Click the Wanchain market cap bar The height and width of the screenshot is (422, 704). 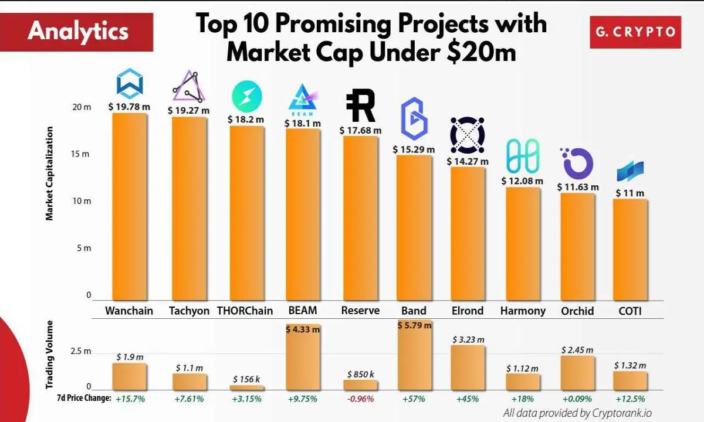click(x=130, y=206)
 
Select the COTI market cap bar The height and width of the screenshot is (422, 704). click(x=630, y=250)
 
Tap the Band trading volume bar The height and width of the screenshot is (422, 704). click(x=415, y=355)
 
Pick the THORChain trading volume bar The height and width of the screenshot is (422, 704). click(x=247, y=388)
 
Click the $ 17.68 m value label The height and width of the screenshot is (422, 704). click(x=360, y=130)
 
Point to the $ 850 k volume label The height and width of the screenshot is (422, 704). click(x=360, y=375)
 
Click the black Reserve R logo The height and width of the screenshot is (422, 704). click(x=361, y=105)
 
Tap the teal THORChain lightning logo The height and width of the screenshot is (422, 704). click(x=247, y=96)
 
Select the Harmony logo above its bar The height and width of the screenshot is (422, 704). click(x=523, y=156)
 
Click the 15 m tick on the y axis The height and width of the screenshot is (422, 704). click(x=80, y=154)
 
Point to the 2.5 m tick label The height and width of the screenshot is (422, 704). click(x=81, y=351)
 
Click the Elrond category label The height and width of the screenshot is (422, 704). click(x=468, y=311)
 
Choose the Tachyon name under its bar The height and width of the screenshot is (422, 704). click(x=189, y=311)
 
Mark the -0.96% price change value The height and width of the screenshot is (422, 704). click(x=360, y=399)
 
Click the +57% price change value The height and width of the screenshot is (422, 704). click(x=414, y=399)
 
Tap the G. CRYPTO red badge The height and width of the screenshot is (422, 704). click(x=635, y=32)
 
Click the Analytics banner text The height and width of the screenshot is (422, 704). click(x=78, y=32)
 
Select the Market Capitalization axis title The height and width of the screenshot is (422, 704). click(x=49, y=173)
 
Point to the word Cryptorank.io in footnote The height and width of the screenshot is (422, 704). click(x=622, y=413)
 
